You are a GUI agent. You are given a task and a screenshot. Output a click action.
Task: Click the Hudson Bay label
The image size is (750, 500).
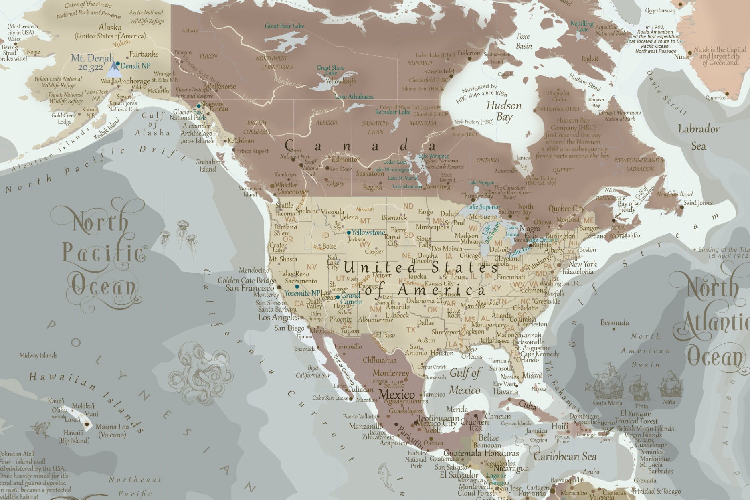[504, 111]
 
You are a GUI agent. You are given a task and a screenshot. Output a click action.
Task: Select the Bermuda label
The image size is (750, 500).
[615, 323]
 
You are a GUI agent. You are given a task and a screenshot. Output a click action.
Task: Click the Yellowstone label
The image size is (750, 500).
[368, 233]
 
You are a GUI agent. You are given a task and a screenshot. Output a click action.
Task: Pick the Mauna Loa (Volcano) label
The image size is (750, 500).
[112, 431]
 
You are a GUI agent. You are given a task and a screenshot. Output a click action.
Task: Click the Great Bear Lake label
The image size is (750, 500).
[284, 26]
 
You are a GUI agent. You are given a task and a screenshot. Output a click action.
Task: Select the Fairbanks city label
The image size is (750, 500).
[144, 54]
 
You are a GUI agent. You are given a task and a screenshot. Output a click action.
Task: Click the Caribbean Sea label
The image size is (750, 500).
[565, 457]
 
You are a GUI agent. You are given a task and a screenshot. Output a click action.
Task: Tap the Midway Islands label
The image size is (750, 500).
[38, 355]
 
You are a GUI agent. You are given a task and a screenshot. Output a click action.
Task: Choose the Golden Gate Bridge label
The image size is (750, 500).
[247, 281]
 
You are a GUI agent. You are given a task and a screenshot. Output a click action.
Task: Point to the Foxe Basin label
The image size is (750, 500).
[524, 41]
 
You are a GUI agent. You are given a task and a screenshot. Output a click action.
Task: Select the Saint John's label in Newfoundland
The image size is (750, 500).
[698, 203]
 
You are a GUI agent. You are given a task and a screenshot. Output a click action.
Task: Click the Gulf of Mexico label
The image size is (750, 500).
[465, 381]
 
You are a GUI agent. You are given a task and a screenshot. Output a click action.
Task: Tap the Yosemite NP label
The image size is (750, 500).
[302, 293]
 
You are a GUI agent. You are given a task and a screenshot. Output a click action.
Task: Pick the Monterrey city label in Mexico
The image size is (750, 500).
[390, 373]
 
